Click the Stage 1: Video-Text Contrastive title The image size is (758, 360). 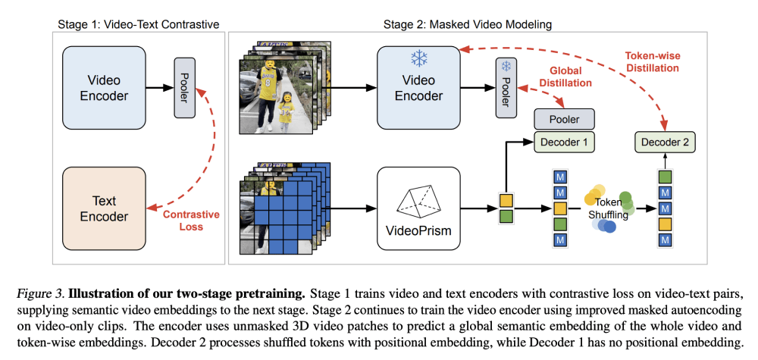pyautogui.click(x=139, y=24)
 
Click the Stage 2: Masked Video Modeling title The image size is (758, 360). pyautogui.click(x=468, y=24)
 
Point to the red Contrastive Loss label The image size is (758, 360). pyautogui.click(x=191, y=221)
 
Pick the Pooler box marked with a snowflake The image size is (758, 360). pyautogui.click(x=506, y=88)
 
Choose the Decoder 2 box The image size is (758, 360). pyautogui.click(x=665, y=141)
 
